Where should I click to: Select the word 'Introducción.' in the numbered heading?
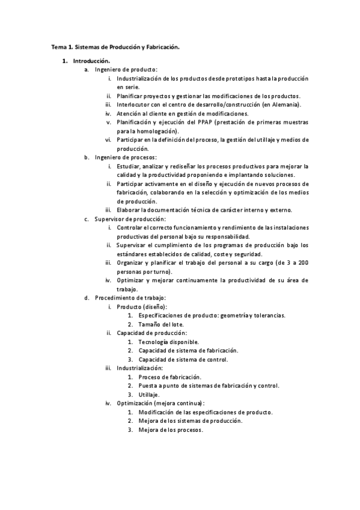tap(91, 61)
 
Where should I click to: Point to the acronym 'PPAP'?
tap(203, 122)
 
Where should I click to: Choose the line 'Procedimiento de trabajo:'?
tap(130, 298)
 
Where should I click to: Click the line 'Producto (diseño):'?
tap(142, 307)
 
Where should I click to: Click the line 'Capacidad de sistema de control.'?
tap(183, 359)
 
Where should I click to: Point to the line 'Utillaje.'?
tap(148, 394)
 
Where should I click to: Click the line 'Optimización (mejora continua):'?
tap(160, 403)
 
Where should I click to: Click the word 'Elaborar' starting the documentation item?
tap(129, 209)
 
